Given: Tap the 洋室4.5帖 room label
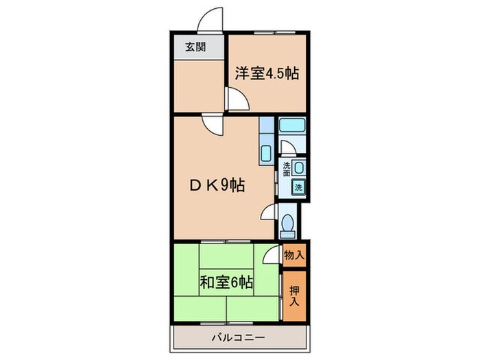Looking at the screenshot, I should tap(267, 73).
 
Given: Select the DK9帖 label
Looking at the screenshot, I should tap(218, 185).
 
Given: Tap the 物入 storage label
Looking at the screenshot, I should tap(294, 255).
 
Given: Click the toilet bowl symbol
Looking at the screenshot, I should tap(289, 224).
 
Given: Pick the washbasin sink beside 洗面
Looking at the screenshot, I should tap(300, 167).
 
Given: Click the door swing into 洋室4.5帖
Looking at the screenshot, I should tap(238, 101).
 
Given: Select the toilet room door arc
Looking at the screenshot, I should tap(268, 213).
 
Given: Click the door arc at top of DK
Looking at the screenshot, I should tap(212, 125).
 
